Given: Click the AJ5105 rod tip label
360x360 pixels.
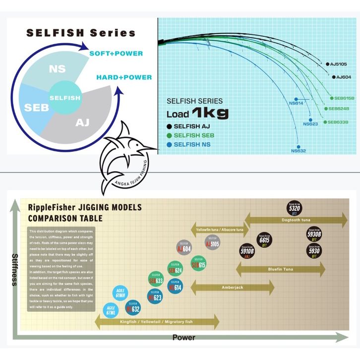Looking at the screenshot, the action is (340, 64).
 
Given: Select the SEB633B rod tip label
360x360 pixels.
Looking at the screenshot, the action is (338, 122).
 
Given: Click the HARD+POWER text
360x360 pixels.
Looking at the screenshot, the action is (124, 77).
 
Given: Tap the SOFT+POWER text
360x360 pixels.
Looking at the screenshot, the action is (116, 53).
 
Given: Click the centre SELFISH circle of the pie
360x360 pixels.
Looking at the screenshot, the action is (65, 98).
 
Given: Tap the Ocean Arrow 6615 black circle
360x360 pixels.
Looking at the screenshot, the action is (264, 240).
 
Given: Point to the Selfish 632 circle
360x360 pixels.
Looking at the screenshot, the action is (133, 307).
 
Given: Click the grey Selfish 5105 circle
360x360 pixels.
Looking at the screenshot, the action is (213, 243).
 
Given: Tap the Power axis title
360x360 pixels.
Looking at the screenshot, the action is (183, 338).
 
